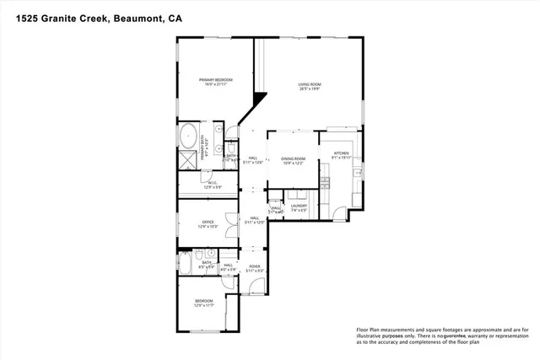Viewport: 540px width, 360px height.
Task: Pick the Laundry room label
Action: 299,207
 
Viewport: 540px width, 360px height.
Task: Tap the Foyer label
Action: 254,267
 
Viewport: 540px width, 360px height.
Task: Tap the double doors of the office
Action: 240,223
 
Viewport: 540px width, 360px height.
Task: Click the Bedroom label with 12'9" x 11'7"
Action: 204,302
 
